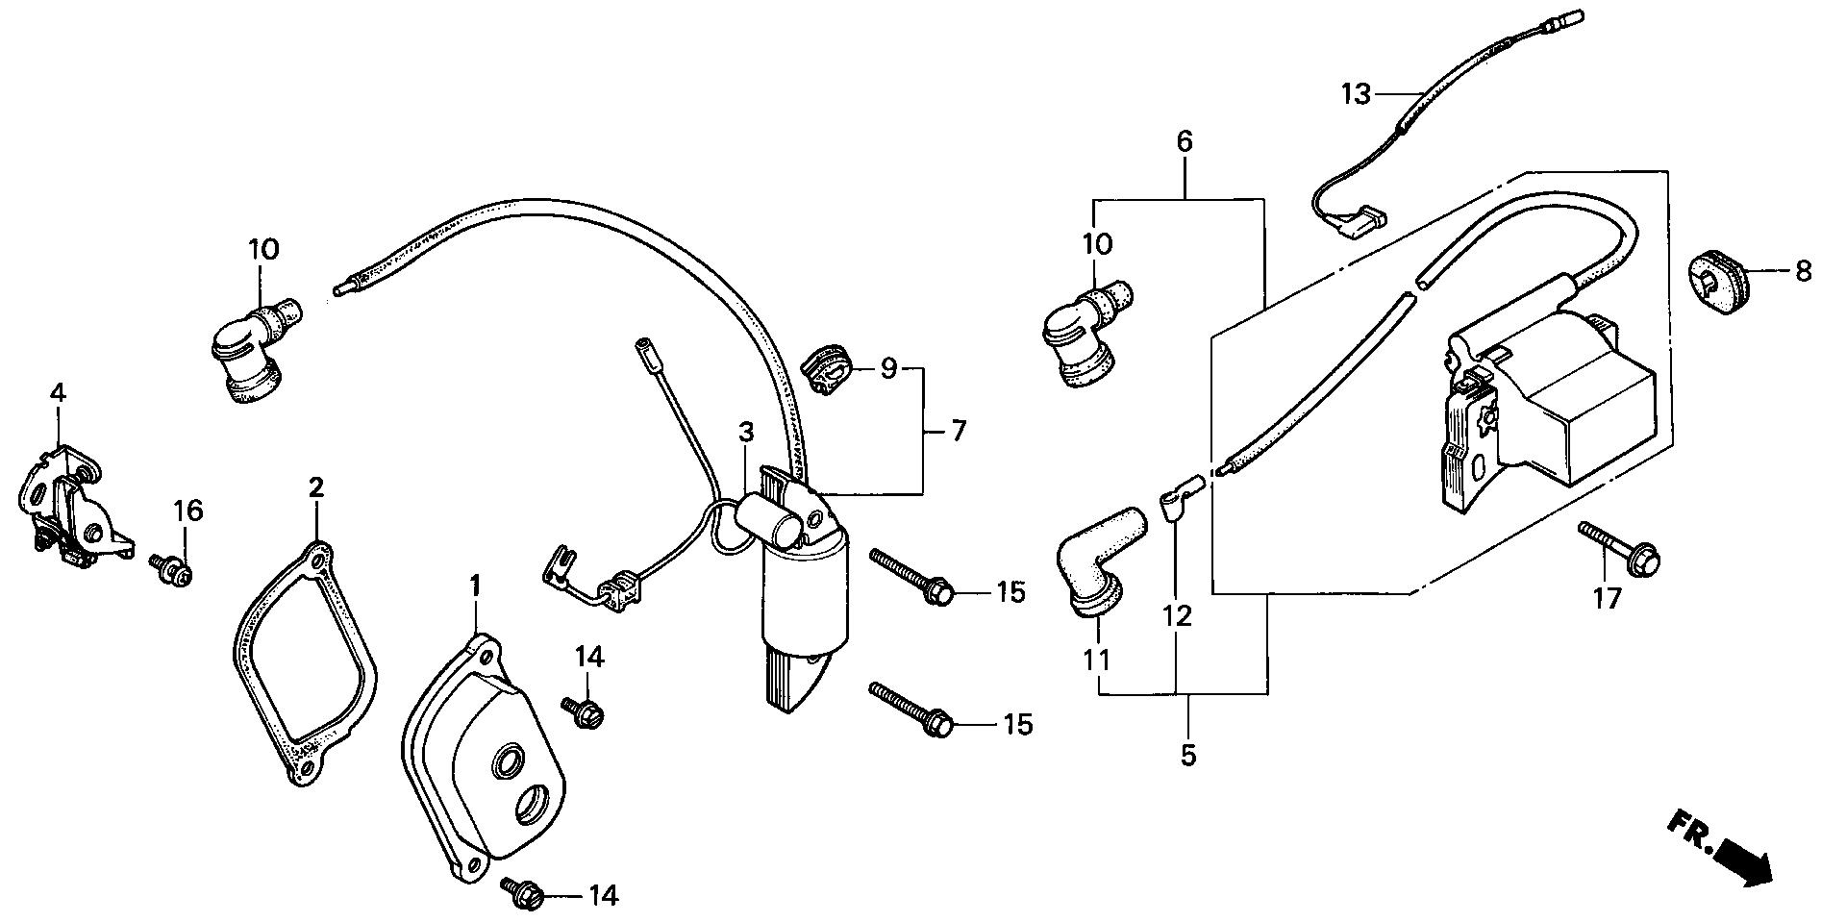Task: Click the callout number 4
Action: pyautogui.click(x=58, y=392)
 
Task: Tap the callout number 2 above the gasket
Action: pyautogui.click(x=315, y=486)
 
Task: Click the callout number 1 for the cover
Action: pyautogui.click(x=474, y=584)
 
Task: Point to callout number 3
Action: pyautogui.click(x=746, y=433)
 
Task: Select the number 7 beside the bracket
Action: pyautogui.click(x=958, y=431)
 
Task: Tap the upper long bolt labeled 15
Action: pyautogui.click(x=910, y=574)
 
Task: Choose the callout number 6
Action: pyautogui.click(x=1184, y=142)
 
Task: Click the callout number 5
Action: pyautogui.click(x=1188, y=756)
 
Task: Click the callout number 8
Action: pyautogui.click(x=1803, y=271)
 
